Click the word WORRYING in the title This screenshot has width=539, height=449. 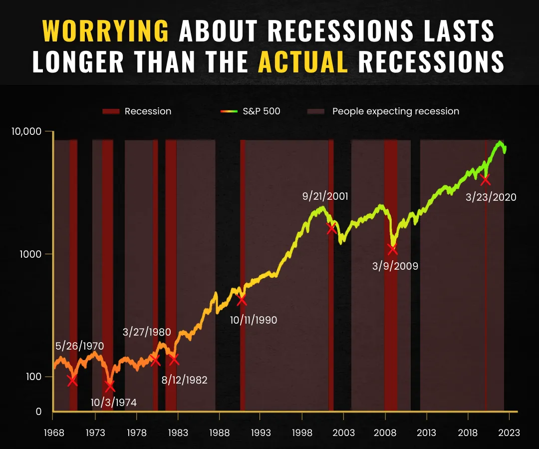coord(105,31)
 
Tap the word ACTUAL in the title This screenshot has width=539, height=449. coord(303,62)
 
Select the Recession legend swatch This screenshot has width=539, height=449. coord(111,111)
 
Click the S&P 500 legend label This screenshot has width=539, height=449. coord(261,111)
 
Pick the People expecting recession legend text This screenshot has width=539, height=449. coord(396,111)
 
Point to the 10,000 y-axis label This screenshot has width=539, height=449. coord(26,131)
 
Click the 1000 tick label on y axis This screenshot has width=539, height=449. coord(30,254)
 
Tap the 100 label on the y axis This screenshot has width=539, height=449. coord(34,377)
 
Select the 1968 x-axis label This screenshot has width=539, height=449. coord(54,433)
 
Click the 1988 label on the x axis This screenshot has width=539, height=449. coord(219,433)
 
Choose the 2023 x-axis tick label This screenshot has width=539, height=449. coord(509,433)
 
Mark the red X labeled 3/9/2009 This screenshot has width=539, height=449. coord(392,249)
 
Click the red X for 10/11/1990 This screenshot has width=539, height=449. coord(242,300)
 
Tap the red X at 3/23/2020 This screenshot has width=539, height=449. coord(485,180)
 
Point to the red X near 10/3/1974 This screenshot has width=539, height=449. coord(110,387)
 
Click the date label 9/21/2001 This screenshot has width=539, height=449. coord(325,196)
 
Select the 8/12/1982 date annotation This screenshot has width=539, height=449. coord(185,380)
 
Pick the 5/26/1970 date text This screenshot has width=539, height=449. coord(80,346)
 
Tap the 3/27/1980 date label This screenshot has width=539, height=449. coord(147,332)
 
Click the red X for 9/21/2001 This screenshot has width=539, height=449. coord(331,228)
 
